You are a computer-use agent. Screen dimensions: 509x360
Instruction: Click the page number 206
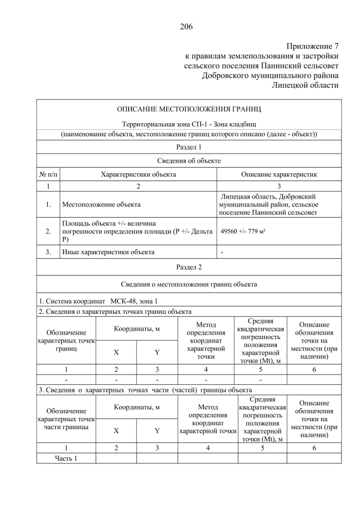tap(187, 26)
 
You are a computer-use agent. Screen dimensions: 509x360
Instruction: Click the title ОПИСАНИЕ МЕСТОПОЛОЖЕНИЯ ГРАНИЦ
tap(188, 109)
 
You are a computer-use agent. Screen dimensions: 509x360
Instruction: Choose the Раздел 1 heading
tap(188, 147)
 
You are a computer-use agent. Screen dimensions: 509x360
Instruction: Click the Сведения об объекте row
tap(188, 161)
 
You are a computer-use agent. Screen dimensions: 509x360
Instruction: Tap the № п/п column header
tap(48, 174)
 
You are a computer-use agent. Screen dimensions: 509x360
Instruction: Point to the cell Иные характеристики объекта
tap(108, 252)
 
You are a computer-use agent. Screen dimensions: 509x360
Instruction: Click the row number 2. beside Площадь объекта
tap(48, 231)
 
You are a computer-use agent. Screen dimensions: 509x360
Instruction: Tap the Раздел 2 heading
tap(188, 267)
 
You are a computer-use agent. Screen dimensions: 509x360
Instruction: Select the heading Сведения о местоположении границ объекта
tap(188, 284)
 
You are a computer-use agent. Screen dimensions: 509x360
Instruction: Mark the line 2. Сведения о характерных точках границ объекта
tap(115, 311)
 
